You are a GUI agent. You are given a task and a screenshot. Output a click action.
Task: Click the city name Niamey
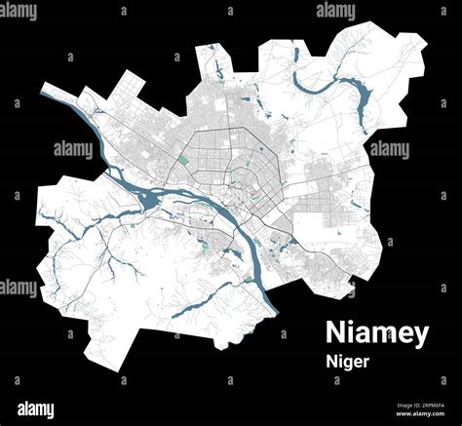[x=375, y=333]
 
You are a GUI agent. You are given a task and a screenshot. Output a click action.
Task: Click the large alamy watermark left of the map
[x=73, y=149]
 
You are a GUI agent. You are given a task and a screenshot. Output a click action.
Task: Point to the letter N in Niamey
[x=335, y=333]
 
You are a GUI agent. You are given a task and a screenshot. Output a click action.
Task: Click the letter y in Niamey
[x=418, y=336]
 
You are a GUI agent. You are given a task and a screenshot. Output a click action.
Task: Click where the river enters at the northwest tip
[x=45, y=90]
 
